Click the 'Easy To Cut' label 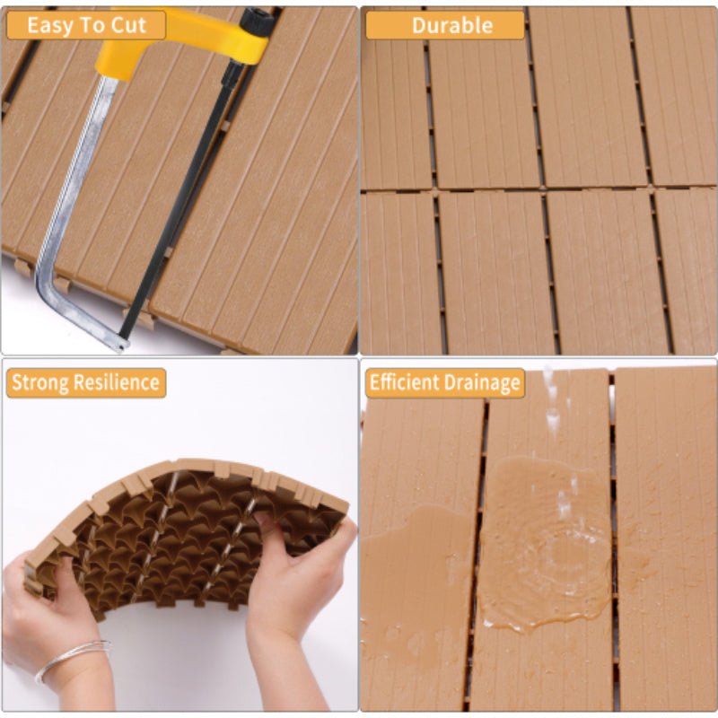point(86,25)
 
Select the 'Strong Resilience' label point(86,383)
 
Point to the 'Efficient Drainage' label point(445,383)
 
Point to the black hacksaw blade point(179,197)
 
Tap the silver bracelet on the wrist point(72,658)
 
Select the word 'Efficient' point(404,383)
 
